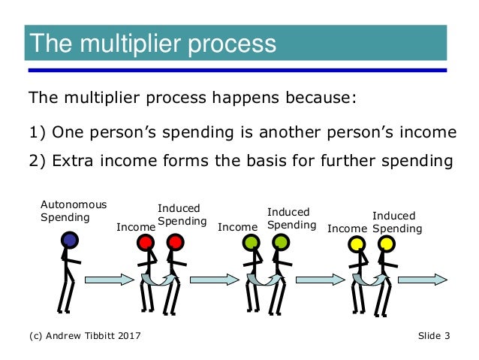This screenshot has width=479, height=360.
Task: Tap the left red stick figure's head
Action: (x=146, y=243)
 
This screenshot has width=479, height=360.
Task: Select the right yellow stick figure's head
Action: (x=387, y=244)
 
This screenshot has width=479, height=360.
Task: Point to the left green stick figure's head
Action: (x=252, y=243)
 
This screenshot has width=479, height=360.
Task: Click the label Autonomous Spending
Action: (x=73, y=211)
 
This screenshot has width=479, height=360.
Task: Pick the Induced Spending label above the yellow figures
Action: (x=397, y=222)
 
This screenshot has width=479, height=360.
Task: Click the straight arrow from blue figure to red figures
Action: (x=109, y=280)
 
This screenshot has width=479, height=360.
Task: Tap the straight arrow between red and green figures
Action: (x=214, y=280)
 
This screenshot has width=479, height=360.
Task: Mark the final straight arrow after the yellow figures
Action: (x=423, y=280)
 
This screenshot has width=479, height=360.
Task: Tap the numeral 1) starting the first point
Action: (x=38, y=133)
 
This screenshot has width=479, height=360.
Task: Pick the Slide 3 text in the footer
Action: (x=434, y=336)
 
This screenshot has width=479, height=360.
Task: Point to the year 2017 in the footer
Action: (x=129, y=336)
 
